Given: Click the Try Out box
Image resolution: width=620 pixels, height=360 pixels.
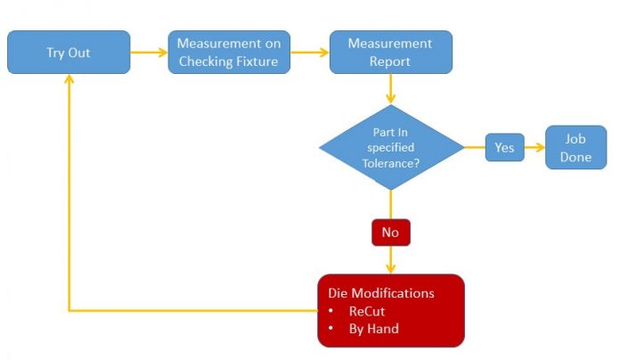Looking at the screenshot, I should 69,53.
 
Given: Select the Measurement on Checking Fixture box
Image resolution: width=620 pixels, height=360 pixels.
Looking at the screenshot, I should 230,53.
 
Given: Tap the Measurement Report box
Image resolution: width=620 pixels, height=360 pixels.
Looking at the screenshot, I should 390,53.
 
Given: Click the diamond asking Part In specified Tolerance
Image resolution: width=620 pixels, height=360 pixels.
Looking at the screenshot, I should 391,146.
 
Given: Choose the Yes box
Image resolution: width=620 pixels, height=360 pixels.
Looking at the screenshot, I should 504,147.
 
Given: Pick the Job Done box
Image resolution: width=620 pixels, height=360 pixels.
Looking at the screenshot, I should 575,147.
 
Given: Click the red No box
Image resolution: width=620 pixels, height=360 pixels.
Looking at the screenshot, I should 390,232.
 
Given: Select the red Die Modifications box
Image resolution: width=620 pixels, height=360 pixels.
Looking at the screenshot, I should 390,310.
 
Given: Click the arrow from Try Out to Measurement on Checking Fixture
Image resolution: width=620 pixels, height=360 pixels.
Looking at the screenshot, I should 149,53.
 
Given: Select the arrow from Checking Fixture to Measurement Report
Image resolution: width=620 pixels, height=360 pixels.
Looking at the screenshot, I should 310,53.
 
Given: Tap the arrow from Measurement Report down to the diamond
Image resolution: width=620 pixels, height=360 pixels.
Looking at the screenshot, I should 390,90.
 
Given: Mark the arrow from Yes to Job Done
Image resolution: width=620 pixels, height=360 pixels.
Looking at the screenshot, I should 534,147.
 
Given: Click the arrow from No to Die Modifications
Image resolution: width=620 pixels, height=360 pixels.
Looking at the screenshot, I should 390,260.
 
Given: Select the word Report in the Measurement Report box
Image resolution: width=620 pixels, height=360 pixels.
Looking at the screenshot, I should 391,61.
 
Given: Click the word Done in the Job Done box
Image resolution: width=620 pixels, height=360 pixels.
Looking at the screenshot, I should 575,157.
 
